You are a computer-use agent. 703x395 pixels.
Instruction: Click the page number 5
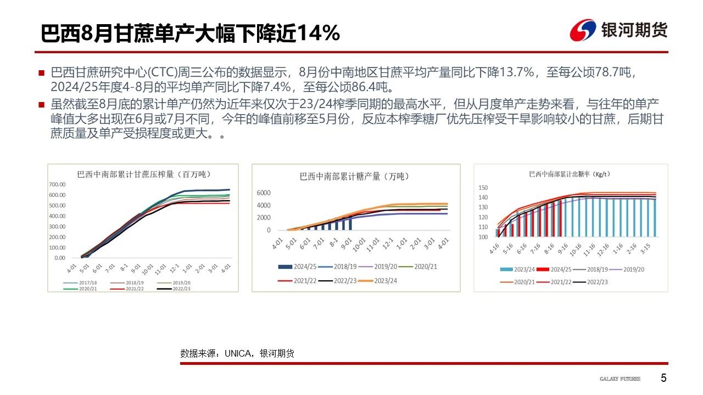[663, 378]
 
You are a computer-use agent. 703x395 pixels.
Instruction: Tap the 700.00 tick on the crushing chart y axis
[57, 184]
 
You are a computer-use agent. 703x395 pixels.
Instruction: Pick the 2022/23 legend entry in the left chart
[182, 289]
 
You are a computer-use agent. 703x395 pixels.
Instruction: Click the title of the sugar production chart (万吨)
[354, 176]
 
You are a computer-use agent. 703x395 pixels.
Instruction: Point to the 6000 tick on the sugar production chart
[264, 193]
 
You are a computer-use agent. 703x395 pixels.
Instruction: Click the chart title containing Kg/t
[570, 174]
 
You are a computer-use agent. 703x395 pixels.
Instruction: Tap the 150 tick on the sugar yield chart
[483, 188]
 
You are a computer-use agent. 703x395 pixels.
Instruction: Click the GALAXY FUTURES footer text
[620, 379]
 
